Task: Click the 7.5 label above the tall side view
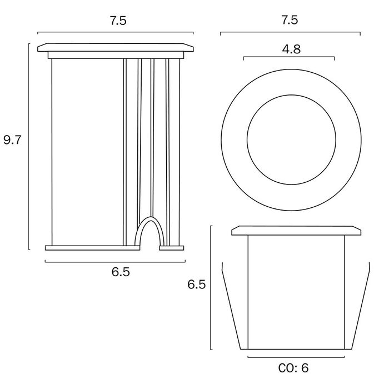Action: (118, 21)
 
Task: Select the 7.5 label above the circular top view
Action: (290, 20)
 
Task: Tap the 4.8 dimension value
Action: (291, 49)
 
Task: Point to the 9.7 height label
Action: (13, 140)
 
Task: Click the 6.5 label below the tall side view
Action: (121, 272)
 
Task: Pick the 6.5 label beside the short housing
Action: (197, 285)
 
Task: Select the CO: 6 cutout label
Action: (293, 368)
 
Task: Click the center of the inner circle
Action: (292, 139)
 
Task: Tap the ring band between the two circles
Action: (234, 139)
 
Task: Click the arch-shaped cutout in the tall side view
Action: (149, 218)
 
